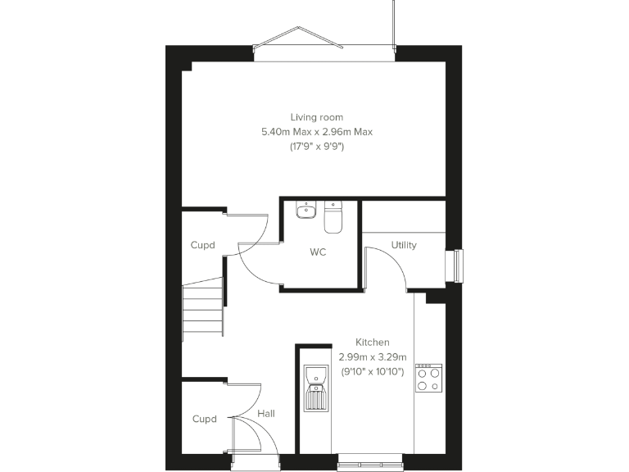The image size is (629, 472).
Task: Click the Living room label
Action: tap(316, 117)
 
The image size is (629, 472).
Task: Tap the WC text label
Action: tap(318, 252)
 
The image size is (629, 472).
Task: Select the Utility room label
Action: tap(404, 245)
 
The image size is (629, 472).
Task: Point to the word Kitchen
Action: tap(372, 342)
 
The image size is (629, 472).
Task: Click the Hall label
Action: tap(266, 414)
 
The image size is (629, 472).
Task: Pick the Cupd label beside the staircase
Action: tap(203, 245)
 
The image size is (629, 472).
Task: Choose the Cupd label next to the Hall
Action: tap(204, 419)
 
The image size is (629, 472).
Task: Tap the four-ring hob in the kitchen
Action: tap(429, 377)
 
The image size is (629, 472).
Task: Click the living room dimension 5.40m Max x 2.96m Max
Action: tap(316, 132)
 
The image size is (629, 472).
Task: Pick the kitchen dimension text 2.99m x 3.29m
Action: tap(372, 356)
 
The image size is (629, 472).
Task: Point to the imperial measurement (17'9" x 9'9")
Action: tap(316, 147)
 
